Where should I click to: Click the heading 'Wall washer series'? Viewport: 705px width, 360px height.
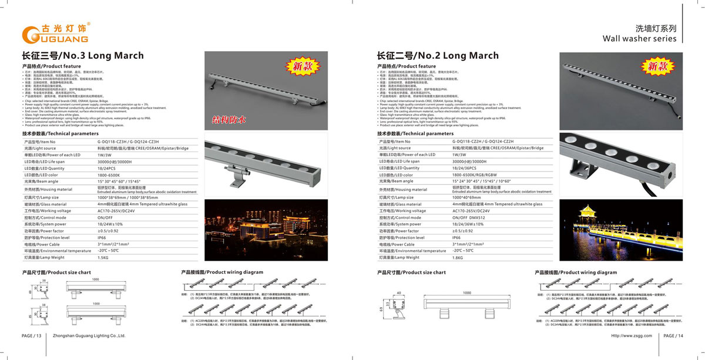(x=639, y=39)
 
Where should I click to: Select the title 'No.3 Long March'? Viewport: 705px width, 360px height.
(x=83, y=56)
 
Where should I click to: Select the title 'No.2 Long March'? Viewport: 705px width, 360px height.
(x=437, y=56)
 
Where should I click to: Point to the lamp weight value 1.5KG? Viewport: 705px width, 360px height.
(x=103, y=257)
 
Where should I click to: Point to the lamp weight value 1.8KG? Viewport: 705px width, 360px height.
(x=458, y=257)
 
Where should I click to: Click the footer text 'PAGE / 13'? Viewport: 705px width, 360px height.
(x=32, y=336)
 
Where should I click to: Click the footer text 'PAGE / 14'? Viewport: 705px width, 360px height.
(x=673, y=336)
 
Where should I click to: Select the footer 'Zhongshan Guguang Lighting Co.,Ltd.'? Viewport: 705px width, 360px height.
(x=89, y=336)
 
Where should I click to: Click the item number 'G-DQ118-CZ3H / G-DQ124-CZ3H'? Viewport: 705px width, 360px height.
(x=128, y=142)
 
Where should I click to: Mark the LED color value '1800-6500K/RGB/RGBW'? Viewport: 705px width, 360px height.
(x=475, y=175)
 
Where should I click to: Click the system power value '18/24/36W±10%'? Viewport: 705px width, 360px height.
(x=468, y=224)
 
